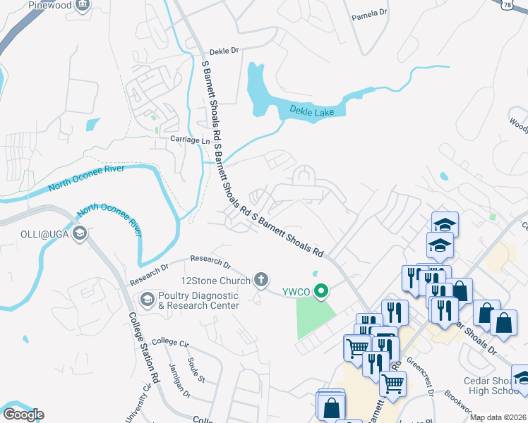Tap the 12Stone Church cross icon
(261, 280)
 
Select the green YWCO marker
(323, 290)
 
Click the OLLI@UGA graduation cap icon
(80, 233)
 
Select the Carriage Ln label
(190, 140)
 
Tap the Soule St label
(196, 369)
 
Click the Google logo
(23, 415)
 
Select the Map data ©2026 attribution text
(498, 417)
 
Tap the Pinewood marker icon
(83, 6)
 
